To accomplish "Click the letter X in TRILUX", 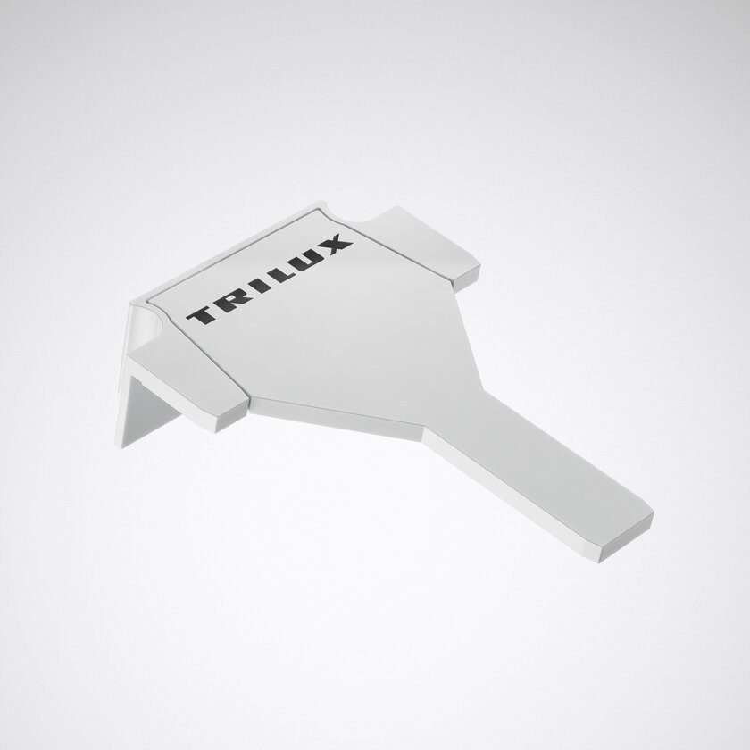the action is pos(333,244).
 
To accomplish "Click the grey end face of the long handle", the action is pos(627,538).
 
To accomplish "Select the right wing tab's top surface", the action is pos(421,239).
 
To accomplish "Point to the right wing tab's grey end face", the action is pos(466,279).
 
